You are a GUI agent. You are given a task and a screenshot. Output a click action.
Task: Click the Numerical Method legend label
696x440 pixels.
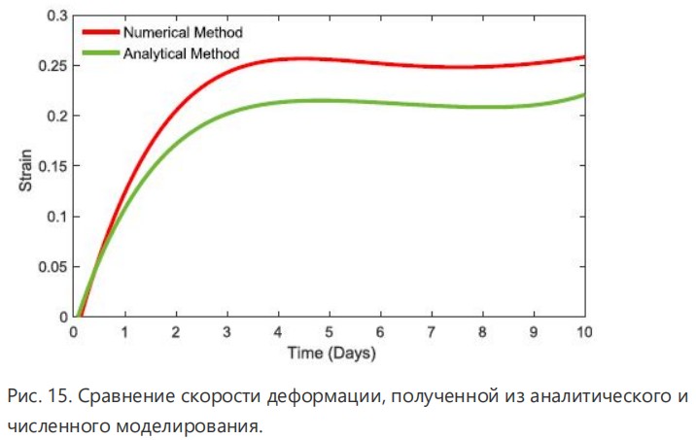[183, 34]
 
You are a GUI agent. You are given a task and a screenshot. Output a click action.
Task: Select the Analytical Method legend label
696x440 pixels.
[181, 52]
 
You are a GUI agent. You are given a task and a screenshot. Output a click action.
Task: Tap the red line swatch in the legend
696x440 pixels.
[100, 34]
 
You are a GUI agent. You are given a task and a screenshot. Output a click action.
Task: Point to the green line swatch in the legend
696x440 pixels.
[100, 52]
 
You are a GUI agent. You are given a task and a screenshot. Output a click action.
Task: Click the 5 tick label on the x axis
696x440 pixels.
[330, 332]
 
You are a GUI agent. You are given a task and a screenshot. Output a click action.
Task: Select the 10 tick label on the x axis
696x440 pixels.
[583, 332]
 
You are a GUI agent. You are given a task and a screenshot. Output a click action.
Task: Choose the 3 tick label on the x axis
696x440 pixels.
[227, 332]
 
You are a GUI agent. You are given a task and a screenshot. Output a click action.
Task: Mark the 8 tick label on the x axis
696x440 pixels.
[482, 332]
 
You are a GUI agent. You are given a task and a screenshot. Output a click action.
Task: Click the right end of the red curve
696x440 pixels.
[583, 57]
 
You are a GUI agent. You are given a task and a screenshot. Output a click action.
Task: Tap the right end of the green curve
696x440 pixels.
[583, 94]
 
